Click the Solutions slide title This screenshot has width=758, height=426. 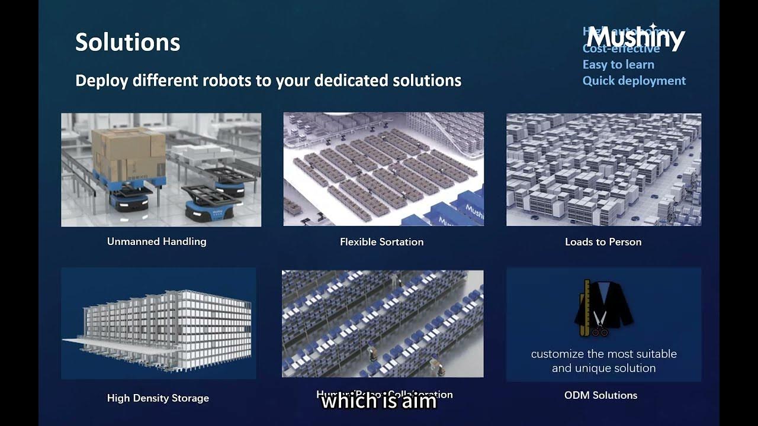pyautogui.click(x=127, y=42)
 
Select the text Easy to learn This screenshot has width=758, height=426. pyautogui.click(x=618, y=64)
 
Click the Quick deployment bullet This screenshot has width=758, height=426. pyautogui.click(x=634, y=80)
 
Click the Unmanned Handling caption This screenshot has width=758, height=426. pyautogui.click(x=156, y=241)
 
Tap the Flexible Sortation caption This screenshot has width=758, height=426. pyautogui.click(x=381, y=241)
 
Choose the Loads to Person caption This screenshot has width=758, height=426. pyautogui.click(x=603, y=241)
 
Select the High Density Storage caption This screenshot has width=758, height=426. pyautogui.click(x=158, y=398)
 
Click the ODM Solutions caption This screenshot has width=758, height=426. pyautogui.click(x=600, y=395)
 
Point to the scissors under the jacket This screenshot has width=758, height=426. pyautogui.click(x=599, y=325)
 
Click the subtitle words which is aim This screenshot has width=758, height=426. pyautogui.click(x=378, y=402)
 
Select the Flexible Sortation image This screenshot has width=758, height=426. pyautogui.click(x=383, y=169)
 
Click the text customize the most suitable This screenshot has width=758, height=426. pyautogui.click(x=603, y=354)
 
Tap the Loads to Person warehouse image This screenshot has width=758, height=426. pyautogui.click(x=603, y=169)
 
